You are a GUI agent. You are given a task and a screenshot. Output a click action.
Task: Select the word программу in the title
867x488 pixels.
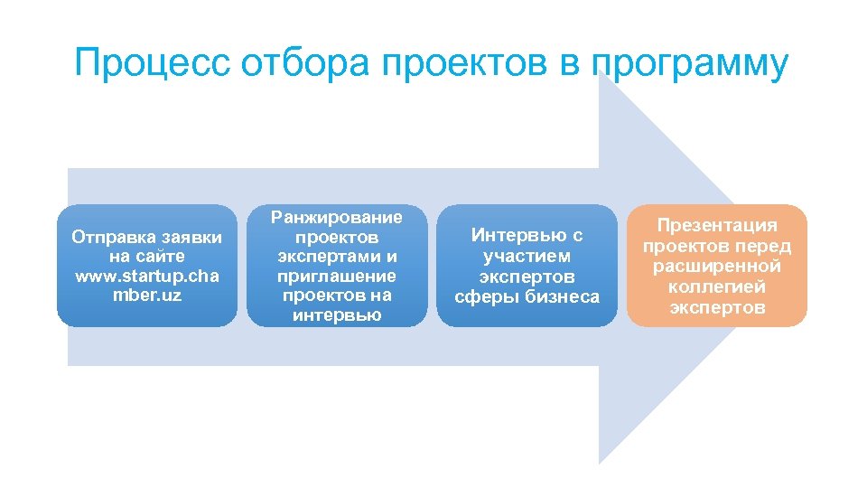tap(690, 65)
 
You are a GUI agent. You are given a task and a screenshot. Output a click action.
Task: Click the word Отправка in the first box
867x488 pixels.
tap(111, 237)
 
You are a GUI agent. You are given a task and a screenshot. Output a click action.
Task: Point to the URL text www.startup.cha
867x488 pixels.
tap(146, 276)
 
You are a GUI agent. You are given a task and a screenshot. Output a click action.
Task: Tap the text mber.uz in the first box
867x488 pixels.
tap(146, 295)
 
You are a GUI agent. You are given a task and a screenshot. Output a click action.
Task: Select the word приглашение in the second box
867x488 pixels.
tap(337, 276)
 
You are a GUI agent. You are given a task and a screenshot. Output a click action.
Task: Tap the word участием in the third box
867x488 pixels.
tap(527, 256)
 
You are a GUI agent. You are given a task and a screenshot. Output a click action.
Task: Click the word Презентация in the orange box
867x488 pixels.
tap(717, 225)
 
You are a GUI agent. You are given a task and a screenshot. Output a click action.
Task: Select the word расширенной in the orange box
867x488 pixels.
tap(717, 267)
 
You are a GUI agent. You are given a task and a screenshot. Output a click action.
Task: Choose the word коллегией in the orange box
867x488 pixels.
tap(717, 286)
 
